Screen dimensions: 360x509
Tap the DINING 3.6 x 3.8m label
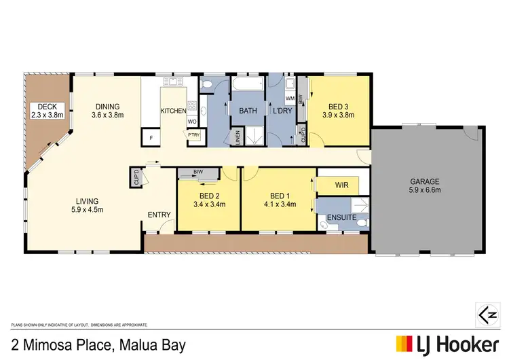tap(107, 111)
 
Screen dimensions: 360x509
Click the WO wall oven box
tap(191, 122)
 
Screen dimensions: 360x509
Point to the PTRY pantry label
tap(193, 135)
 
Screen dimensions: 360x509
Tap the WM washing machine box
tap(289, 99)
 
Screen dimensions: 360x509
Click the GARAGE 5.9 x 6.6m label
tap(425, 186)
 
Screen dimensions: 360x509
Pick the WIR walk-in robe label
tap(342, 184)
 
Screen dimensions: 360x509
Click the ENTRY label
tap(159, 215)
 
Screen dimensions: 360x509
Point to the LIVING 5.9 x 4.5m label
tap(88, 206)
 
